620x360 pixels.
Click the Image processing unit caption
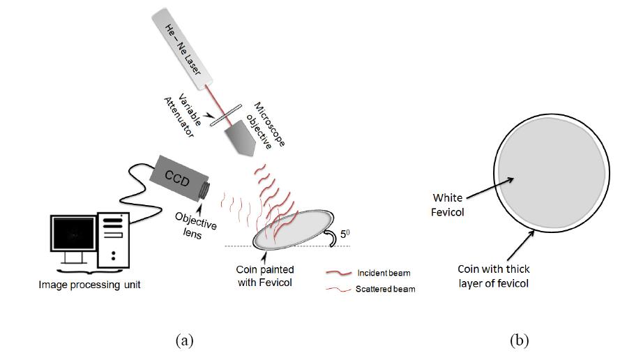pos(89,285)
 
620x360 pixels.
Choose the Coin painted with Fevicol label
pos(264,276)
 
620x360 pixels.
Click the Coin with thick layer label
pos(494,276)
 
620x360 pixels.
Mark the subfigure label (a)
pos(184,340)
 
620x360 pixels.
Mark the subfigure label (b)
pos(519,340)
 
